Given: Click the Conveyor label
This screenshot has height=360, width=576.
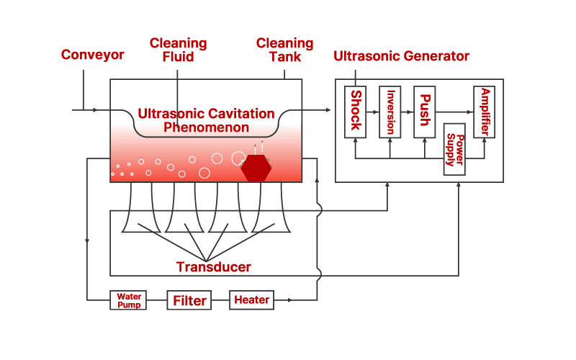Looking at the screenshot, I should tap(92, 55).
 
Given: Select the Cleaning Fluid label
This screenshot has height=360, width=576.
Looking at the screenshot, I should tap(178, 50).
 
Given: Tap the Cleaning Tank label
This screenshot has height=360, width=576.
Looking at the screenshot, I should tap(284, 50).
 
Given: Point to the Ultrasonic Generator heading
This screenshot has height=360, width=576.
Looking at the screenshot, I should tap(402, 55).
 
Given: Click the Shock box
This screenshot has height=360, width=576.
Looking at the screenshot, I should tap(355, 112).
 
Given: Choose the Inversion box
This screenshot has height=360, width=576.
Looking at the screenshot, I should tap(390, 112).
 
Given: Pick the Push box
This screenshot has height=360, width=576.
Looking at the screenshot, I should tap(425, 112).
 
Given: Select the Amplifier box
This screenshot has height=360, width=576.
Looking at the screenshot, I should tap(485, 112).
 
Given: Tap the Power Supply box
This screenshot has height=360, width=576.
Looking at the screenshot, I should tap(454, 149).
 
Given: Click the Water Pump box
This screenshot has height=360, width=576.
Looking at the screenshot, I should tap(128, 300).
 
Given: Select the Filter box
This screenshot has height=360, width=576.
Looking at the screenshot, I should tap(189, 300).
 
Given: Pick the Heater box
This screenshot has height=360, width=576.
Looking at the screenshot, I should tap(251, 300).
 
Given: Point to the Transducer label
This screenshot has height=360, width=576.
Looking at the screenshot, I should tap(214, 267).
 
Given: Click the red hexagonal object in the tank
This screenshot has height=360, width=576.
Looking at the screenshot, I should tap(256, 168).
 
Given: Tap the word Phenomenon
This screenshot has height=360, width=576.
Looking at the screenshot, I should tap(206, 128).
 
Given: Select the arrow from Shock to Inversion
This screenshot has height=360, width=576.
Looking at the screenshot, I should tap(373, 112).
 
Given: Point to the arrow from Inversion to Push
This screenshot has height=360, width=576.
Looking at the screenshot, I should tap(408, 112).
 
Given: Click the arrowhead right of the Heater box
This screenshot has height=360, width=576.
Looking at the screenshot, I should tap(291, 300).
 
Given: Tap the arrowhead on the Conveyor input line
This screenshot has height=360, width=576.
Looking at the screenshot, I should tap(95, 110).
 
